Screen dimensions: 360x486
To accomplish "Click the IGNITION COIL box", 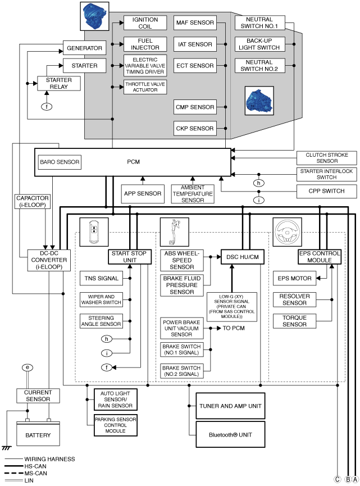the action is (145, 23).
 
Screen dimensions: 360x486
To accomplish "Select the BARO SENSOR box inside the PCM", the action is (60, 162).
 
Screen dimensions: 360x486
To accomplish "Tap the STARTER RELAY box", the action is (59, 83).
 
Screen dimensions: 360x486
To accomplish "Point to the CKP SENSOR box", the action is (195, 128).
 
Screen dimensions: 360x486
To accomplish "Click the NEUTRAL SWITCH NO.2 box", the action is (259, 66).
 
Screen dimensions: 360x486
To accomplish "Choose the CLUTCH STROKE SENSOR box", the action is (327, 158).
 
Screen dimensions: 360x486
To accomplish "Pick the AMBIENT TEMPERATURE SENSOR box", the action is (193, 194).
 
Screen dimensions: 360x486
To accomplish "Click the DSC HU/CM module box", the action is (243, 257).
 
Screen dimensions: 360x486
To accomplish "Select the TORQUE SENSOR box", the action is (294, 321).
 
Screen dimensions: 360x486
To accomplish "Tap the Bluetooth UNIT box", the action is (230, 434).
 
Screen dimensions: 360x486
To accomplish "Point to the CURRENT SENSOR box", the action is (38, 396).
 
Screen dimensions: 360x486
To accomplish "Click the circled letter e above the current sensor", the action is (28, 367).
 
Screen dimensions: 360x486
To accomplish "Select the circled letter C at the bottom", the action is (338, 479).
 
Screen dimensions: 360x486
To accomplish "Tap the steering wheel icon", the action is (287, 232).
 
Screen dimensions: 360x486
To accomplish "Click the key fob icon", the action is (94, 232).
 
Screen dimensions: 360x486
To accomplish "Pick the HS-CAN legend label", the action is (35, 466).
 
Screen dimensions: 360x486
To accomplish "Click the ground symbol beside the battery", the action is (6, 448).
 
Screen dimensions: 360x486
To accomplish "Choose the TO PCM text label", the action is (234, 328).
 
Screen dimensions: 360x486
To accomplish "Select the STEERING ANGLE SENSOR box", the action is (101, 321).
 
